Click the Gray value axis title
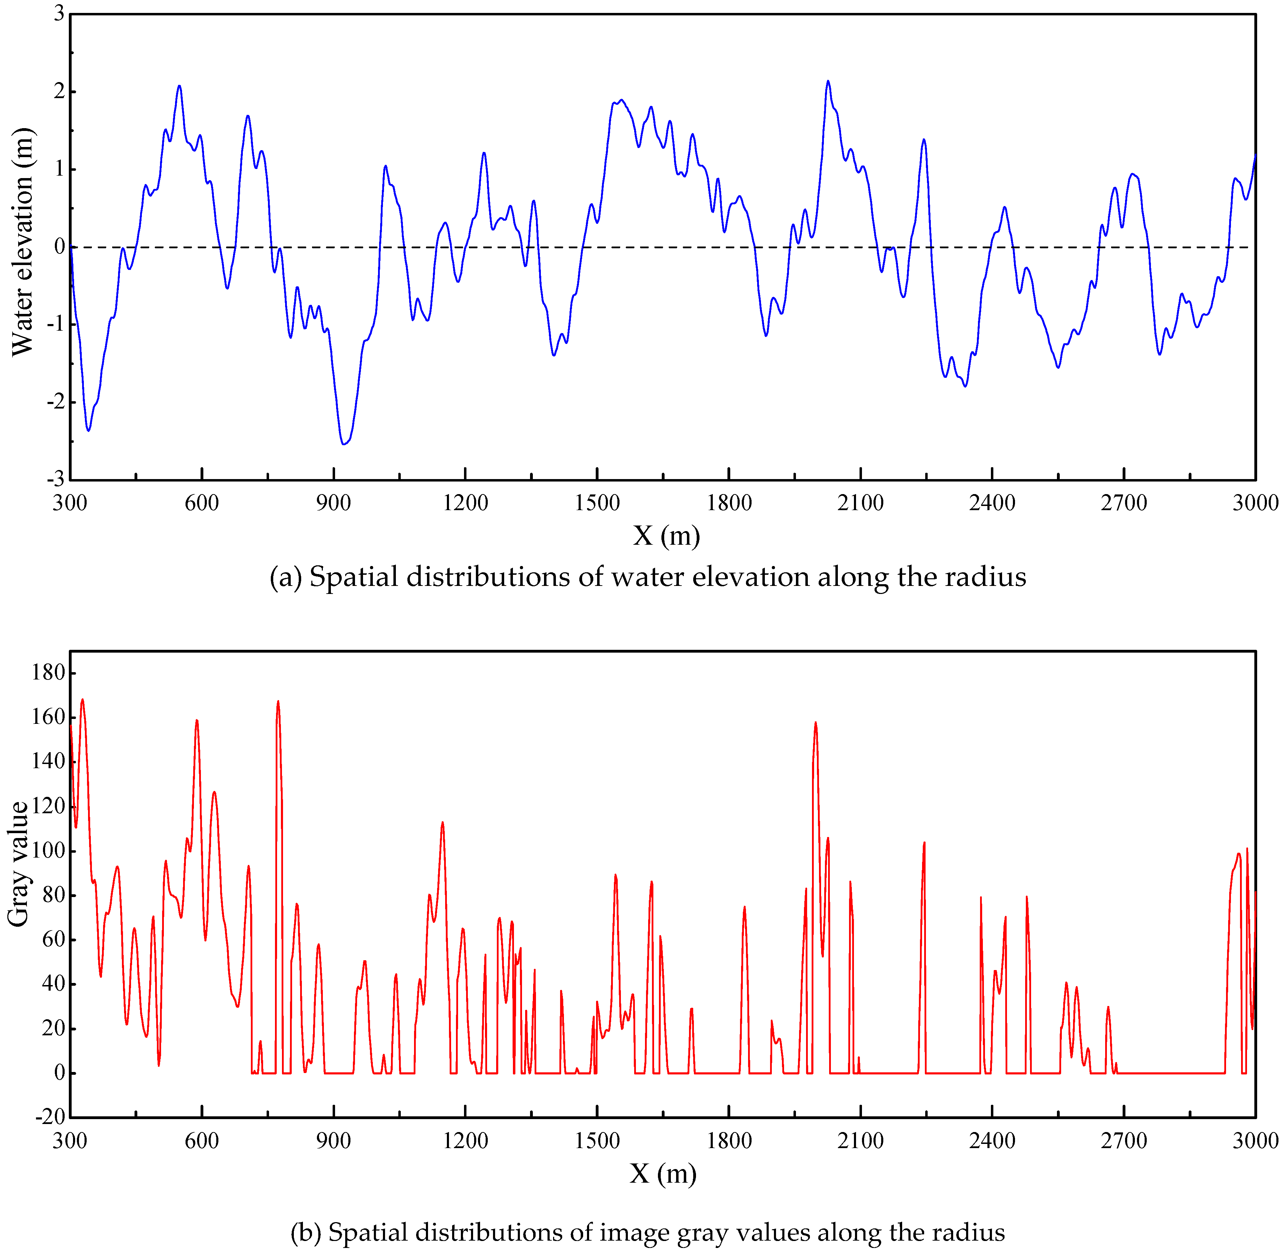point(19,864)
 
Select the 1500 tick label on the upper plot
point(597,503)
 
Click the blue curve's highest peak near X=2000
point(828,82)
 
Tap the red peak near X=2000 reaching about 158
point(816,723)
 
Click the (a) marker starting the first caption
point(285,577)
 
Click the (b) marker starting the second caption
point(306,1232)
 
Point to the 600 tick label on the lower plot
point(201,1140)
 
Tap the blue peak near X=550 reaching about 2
point(179,86)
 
